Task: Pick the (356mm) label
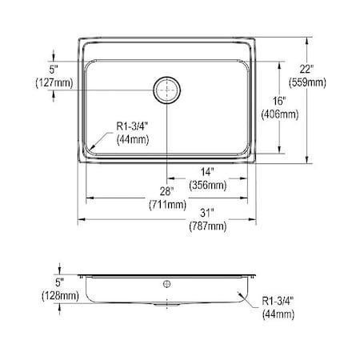coord(206,185)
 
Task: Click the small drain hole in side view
coord(167,283)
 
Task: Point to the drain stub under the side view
coord(167,306)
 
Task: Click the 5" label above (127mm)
coord(54,68)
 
